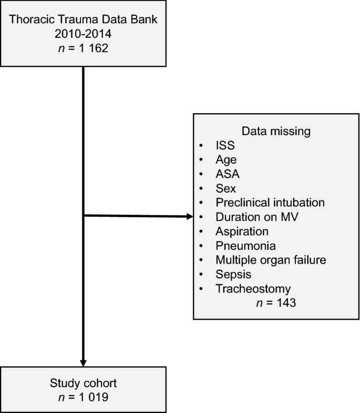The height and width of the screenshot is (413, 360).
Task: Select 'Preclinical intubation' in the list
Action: (x=263, y=202)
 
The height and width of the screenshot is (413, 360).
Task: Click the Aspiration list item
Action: (x=242, y=231)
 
